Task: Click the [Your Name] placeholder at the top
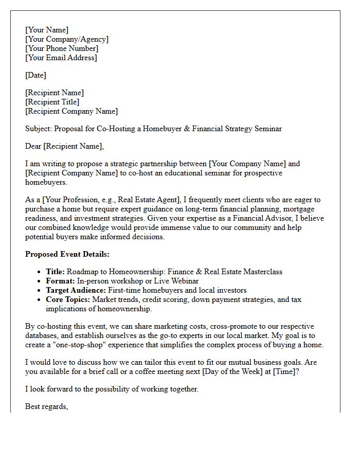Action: tap(47, 30)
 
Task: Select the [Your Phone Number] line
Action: tap(62, 49)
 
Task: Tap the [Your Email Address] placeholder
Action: tap(61, 58)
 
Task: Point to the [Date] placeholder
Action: tap(35, 76)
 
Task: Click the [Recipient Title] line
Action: tap(52, 102)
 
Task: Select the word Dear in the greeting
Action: tap(34, 147)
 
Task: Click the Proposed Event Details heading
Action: tap(67, 254)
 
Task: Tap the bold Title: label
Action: tap(56, 272)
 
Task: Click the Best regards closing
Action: tap(47, 407)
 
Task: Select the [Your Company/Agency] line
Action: tap(67, 40)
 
